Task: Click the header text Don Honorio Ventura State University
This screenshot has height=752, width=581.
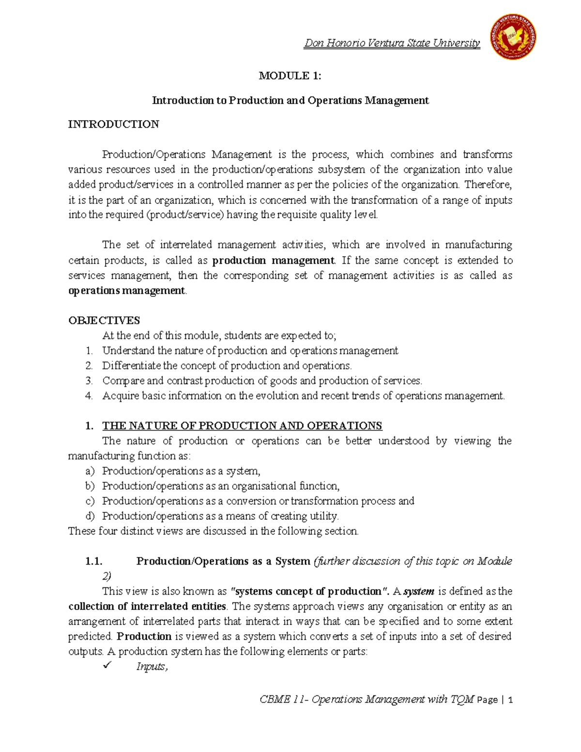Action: click(392, 43)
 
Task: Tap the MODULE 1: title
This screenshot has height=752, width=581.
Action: click(290, 76)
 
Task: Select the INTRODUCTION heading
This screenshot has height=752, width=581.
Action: click(113, 124)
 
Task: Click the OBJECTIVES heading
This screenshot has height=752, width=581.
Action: click(104, 321)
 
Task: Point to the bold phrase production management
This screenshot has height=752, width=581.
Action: click(273, 261)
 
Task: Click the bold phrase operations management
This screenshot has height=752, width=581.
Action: click(127, 291)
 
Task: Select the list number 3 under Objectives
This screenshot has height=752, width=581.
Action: click(89, 381)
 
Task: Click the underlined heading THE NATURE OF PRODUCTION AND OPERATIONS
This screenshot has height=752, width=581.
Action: click(242, 426)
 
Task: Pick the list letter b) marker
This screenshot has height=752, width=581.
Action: click(90, 486)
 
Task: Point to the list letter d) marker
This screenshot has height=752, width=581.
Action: click(90, 516)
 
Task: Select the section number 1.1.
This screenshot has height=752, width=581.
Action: click(94, 561)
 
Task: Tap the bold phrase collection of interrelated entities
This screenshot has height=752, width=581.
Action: click(147, 606)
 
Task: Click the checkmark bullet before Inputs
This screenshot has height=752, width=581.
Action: click(107, 666)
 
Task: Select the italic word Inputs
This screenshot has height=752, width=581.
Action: click(152, 667)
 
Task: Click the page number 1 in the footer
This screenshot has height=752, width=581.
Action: click(510, 700)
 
